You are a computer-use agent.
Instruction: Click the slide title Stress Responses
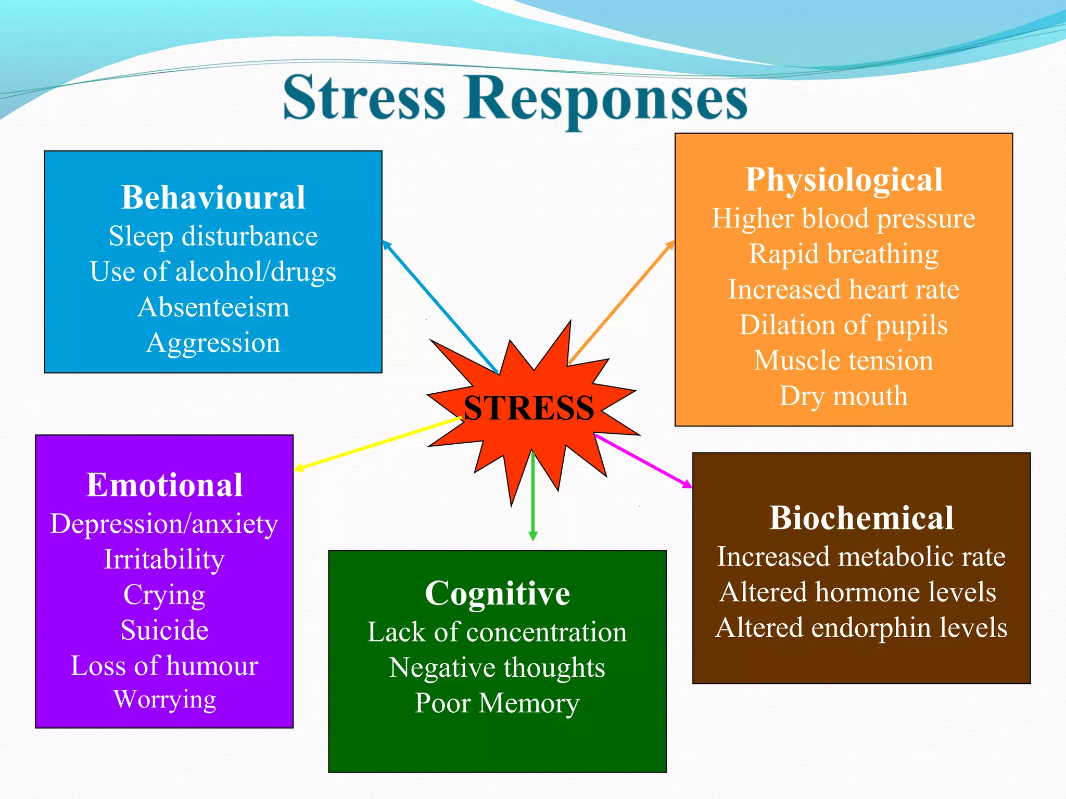point(515,98)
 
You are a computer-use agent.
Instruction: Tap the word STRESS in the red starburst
point(528,407)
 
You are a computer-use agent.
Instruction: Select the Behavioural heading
point(213,198)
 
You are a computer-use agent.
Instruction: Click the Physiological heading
point(844,180)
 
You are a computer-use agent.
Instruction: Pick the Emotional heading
point(164,485)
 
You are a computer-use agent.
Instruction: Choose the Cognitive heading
point(497,593)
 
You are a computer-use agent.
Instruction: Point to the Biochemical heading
point(861,518)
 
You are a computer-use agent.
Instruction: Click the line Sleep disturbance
point(213,236)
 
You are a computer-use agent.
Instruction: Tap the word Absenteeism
point(213,307)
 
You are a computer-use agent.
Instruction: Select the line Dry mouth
point(844,396)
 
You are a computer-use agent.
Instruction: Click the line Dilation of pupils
point(844,325)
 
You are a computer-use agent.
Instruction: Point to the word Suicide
point(164,630)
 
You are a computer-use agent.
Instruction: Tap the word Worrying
point(164,700)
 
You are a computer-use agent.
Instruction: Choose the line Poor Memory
point(497,703)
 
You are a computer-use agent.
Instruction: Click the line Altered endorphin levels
point(861,627)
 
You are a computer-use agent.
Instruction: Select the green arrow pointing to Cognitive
point(532,499)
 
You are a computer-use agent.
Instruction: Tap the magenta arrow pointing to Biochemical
point(644,461)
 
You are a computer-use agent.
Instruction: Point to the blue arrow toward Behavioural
point(440,307)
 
